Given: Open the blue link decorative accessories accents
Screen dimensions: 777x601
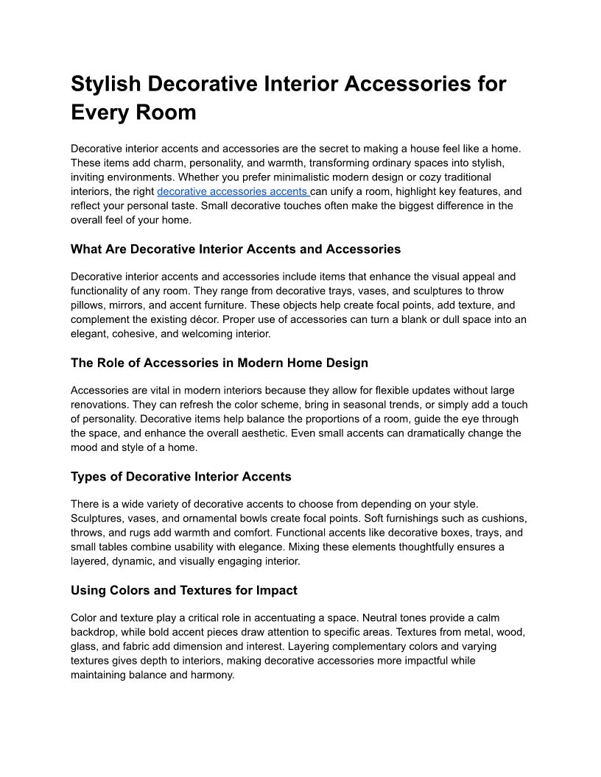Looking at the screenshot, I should (233, 191).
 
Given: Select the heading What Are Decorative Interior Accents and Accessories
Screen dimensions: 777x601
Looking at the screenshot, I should (236, 249).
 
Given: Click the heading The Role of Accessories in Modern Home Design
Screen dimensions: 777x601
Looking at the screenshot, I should (219, 363).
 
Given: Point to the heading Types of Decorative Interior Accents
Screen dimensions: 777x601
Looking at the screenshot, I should (181, 476).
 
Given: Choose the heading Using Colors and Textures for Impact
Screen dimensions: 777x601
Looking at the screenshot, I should (184, 590).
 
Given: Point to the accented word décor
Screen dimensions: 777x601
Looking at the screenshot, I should (243, 319).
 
